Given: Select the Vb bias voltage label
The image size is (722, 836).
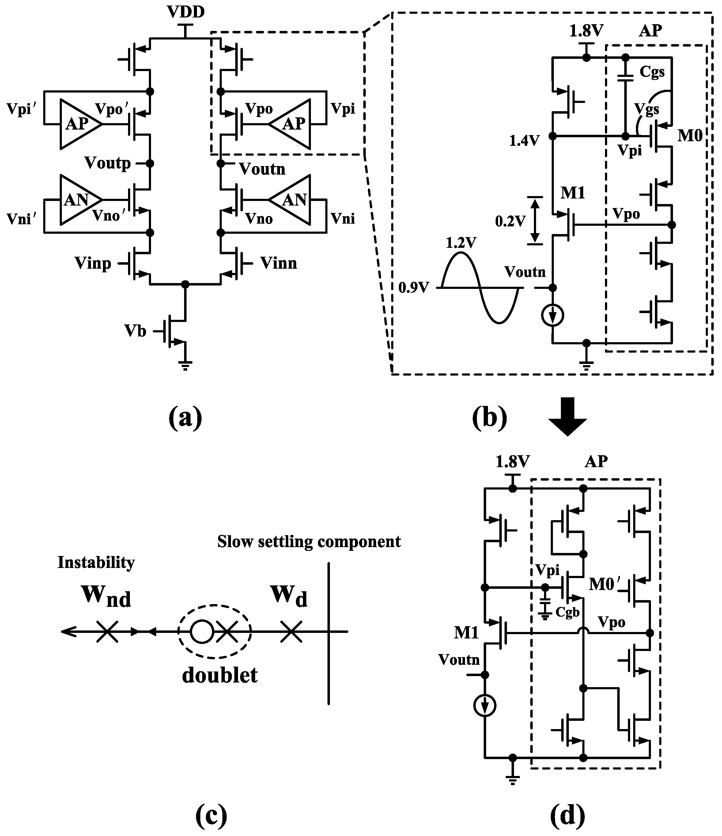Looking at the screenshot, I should pyautogui.click(x=135, y=331).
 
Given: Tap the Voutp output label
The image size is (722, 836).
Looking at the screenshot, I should pyautogui.click(x=108, y=163).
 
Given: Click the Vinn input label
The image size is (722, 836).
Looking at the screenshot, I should pyautogui.click(x=279, y=263).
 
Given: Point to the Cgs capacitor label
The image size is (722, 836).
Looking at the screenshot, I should pyautogui.click(x=652, y=72).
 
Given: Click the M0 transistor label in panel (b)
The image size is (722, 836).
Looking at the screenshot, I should pyautogui.click(x=690, y=136).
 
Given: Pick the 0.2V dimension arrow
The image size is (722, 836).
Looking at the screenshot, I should pyautogui.click(x=535, y=220).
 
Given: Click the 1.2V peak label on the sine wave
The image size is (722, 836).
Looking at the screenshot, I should pyautogui.click(x=461, y=243).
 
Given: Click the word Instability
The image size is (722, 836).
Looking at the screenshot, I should pyautogui.click(x=96, y=562).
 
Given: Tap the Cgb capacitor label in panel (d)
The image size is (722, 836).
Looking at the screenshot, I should pyautogui.click(x=567, y=612).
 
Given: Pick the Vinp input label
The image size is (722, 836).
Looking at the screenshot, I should pyautogui.click(x=93, y=263).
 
